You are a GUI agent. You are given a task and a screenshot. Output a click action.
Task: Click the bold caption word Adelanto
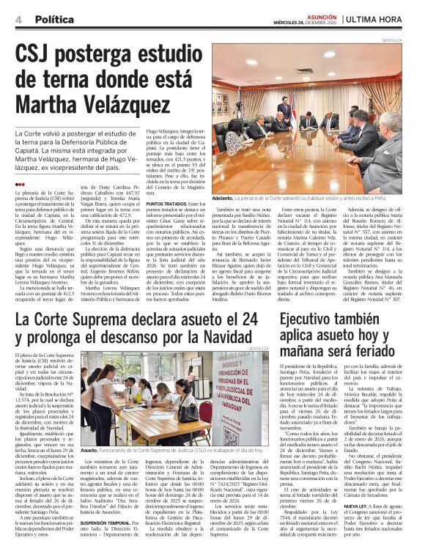223,198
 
